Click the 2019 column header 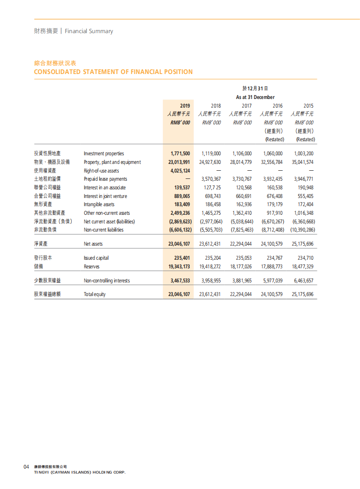[185, 105]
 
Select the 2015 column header [308, 105]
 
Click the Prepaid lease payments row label [105, 179]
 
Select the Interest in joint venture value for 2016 [272, 196]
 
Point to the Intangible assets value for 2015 [304, 205]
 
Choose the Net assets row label [93, 244]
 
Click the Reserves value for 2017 [241, 267]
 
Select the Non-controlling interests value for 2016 [272, 281]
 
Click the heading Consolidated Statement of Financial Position [113, 72]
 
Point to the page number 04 [26, 467]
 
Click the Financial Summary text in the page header [89, 31]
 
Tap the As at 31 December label [255, 97]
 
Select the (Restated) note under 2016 [275, 139]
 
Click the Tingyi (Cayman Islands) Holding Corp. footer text [80, 472]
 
